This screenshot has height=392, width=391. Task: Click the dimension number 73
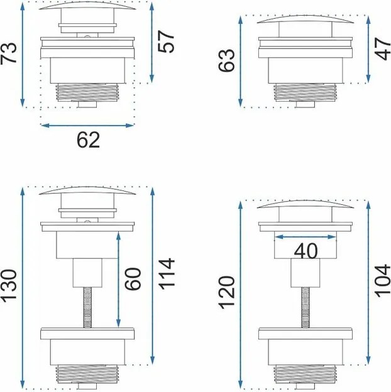[x=9, y=53]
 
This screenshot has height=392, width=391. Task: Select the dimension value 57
[x=166, y=41]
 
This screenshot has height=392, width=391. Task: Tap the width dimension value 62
[x=88, y=139]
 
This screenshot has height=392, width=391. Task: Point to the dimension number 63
[x=226, y=60]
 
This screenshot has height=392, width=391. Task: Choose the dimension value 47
[x=382, y=49]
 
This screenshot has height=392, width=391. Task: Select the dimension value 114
[x=167, y=274]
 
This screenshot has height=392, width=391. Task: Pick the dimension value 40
[x=306, y=251]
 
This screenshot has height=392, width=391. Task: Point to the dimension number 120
[x=227, y=292]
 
